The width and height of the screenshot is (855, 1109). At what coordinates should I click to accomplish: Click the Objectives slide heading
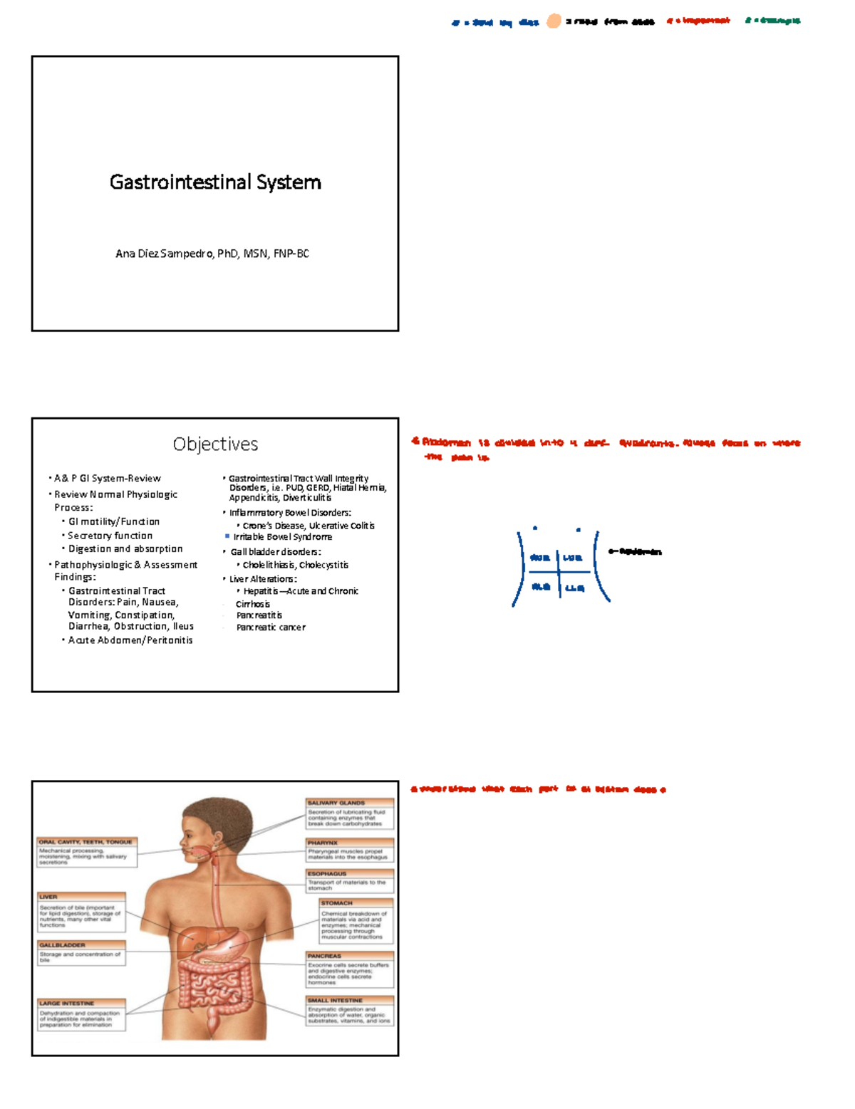coord(215,444)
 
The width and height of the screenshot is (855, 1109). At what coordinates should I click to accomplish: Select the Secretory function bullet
coord(110,536)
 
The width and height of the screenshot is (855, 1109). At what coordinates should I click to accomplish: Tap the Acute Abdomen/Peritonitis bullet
coord(130,640)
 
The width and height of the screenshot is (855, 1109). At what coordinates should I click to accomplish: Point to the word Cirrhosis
coord(253,604)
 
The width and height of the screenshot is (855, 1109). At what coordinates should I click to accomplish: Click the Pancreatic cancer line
coord(271,628)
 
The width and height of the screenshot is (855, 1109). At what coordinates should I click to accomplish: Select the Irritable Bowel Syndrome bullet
coord(283,537)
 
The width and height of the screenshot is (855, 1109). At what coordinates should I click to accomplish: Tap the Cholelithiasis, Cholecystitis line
coord(296,565)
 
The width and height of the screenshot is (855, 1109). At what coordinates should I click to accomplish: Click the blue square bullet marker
coord(227,536)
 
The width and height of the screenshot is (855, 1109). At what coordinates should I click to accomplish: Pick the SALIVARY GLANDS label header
coord(336,803)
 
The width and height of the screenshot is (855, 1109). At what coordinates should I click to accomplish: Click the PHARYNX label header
coord(323,843)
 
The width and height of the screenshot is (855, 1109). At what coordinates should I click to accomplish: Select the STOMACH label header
coord(337,903)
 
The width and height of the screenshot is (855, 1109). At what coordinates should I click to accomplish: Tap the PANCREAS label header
coord(325,956)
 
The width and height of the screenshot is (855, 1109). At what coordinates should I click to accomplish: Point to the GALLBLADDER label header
coord(63,945)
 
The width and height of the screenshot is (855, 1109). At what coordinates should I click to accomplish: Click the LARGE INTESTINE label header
coord(67,1003)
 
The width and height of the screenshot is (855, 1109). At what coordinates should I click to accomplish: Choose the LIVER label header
coord(48,897)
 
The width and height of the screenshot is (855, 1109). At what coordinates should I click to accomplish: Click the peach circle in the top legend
coord(554,21)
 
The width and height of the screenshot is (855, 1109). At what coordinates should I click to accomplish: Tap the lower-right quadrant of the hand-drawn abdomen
coord(574,588)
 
